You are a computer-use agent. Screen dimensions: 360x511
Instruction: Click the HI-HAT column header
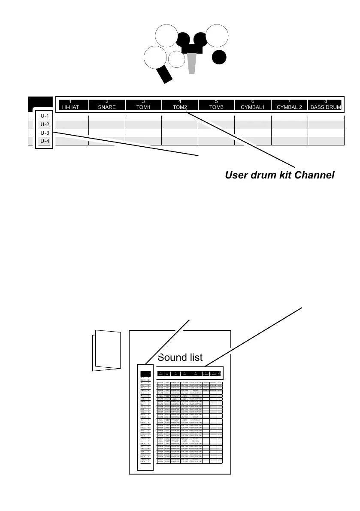pyautogui.click(x=70, y=105)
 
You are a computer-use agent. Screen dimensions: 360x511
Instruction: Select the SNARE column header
pyautogui.click(x=107, y=105)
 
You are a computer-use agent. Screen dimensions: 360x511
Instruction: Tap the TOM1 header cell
pyautogui.click(x=143, y=105)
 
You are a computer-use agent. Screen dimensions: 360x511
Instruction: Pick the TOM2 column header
pyautogui.click(x=180, y=105)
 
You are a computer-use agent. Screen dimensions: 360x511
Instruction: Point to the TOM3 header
pyautogui.click(x=216, y=105)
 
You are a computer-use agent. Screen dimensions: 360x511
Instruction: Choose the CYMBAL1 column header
pyautogui.click(x=253, y=105)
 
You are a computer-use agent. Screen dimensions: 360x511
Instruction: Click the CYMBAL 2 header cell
pyautogui.click(x=289, y=105)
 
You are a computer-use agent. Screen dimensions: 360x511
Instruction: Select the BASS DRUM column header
pyautogui.click(x=326, y=105)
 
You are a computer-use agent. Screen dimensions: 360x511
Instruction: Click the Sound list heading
pyautogui.click(x=180, y=357)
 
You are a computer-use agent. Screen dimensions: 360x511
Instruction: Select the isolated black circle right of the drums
pyautogui.click(x=219, y=57)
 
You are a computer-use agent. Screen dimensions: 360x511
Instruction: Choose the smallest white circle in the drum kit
pyautogui.click(x=176, y=59)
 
